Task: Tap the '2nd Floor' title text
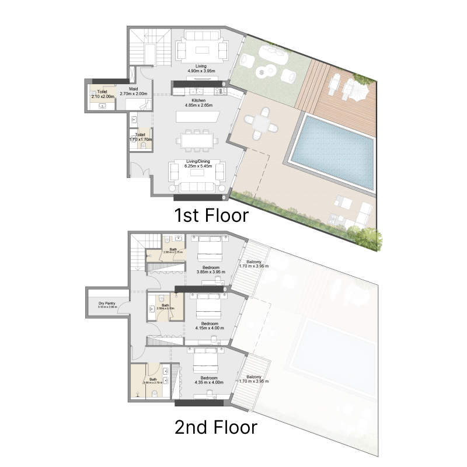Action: (x=215, y=427)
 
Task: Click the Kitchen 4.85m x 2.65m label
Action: (x=198, y=103)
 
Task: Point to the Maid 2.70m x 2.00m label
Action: (x=133, y=91)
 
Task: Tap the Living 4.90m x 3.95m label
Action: (x=201, y=68)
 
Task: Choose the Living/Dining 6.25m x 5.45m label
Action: (x=198, y=164)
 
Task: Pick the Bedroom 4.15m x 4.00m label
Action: (x=210, y=326)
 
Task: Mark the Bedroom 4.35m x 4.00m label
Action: (x=210, y=381)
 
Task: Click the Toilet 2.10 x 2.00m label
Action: (x=102, y=94)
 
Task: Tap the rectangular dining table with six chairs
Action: (x=198, y=141)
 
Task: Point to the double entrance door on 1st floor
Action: (x=137, y=172)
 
